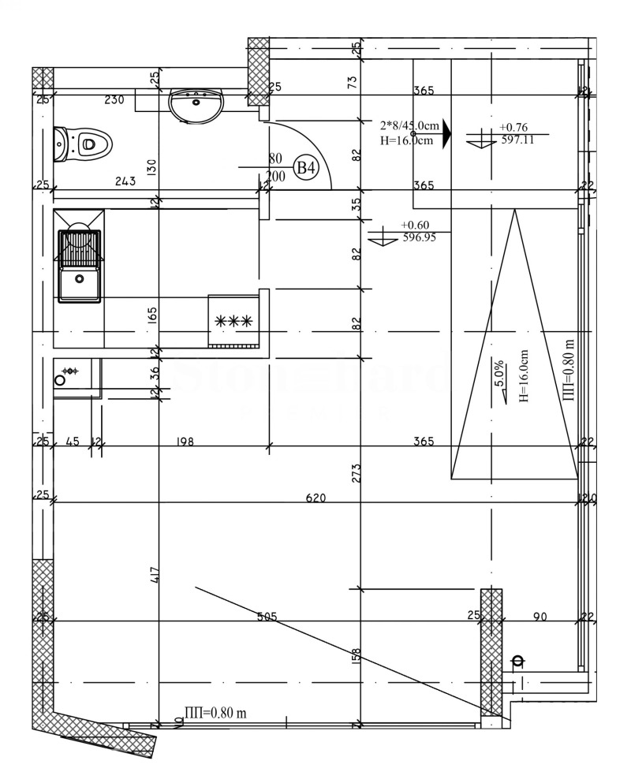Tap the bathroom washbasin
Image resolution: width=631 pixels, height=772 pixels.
point(196,104)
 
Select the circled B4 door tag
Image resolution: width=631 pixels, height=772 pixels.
point(305,168)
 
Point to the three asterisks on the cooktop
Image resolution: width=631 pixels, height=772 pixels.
point(233,321)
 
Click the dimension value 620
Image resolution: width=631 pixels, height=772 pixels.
point(316,498)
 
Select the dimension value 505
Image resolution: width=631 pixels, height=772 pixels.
point(267,617)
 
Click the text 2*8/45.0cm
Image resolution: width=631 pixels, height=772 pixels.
point(409,125)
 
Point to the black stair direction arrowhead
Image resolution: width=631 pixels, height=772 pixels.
point(446,134)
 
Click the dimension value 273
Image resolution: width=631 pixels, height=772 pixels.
point(357,472)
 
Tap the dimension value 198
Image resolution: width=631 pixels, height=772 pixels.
point(185,442)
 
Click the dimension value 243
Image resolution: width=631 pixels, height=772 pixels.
point(125,181)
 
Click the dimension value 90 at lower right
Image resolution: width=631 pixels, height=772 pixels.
point(540,617)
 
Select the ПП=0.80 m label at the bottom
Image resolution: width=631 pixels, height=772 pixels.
point(215,713)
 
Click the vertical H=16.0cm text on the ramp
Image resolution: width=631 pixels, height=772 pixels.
point(523,377)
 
